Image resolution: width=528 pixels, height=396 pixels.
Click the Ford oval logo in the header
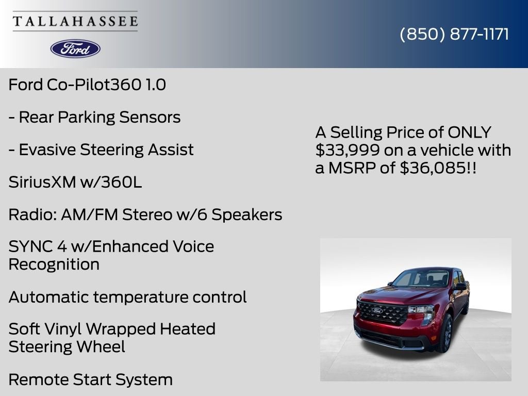coord(75,49)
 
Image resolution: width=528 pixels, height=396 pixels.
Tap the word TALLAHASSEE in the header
coord(75,21)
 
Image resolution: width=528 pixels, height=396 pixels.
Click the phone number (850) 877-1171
coord(454,34)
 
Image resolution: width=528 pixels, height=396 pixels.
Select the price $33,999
coord(348,150)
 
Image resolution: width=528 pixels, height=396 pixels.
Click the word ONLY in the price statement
coord(469,133)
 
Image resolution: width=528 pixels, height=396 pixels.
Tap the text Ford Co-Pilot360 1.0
coord(87,85)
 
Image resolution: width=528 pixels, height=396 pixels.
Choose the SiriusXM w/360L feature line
coord(75,182)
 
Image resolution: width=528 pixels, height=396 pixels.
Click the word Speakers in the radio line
coord(247,215)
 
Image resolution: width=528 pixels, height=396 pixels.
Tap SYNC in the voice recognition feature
coord(30,246)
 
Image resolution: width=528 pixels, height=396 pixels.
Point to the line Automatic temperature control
coord(128,297)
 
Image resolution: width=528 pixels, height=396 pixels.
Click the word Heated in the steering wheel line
coord(188,329)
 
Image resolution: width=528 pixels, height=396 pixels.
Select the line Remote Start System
coord(91,379)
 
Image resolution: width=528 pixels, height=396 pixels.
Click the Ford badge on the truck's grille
coord(377,310)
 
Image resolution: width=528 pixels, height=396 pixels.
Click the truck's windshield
coord(420,278)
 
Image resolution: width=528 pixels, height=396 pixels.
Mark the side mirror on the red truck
coord(460,287)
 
